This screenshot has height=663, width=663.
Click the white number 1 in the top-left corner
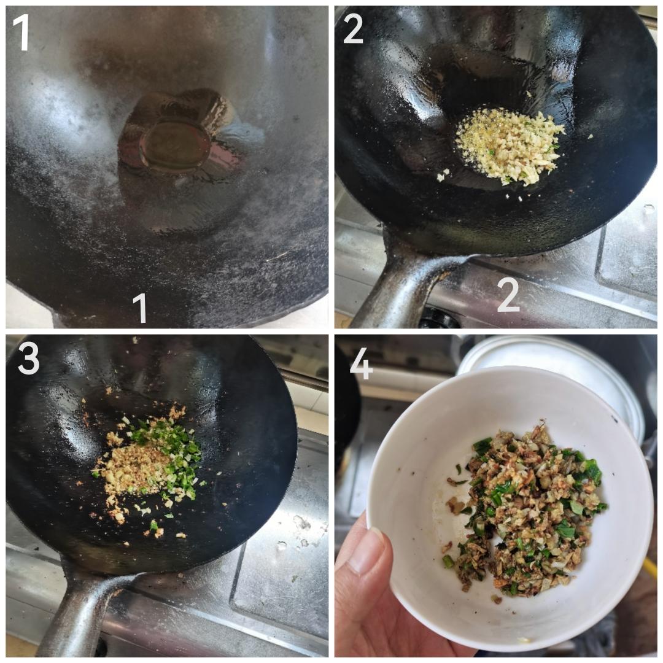(x=21, y=32)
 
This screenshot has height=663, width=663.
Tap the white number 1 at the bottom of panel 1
(x=141, y=307)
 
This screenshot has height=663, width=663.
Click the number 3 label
(x=28, y=359)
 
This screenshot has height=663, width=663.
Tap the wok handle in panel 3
(x=80, y=614)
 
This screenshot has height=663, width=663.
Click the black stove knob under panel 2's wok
(x=439, y=318)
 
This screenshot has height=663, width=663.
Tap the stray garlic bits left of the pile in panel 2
(x=442, y=175)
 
